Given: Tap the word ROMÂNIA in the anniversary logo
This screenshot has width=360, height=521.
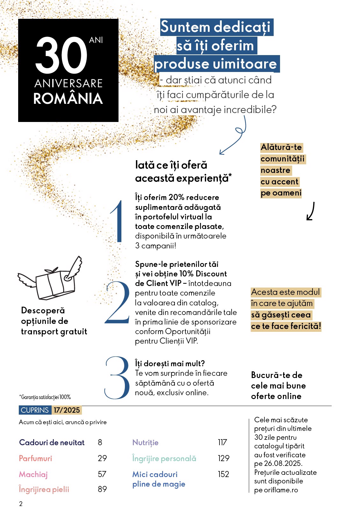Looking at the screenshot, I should [x=68, y=99].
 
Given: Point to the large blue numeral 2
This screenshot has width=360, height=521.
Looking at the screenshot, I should [x=118, y=303].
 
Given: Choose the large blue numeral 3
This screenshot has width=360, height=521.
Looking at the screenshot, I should [x=117, y=378].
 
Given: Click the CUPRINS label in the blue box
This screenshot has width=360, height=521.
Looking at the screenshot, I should [x=35, y=410].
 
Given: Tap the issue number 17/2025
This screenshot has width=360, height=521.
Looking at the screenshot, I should [x=67, y=410].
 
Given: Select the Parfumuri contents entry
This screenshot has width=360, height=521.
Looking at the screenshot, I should [x=35, y=458].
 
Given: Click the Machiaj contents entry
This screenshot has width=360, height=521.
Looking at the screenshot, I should [x=33, y=474].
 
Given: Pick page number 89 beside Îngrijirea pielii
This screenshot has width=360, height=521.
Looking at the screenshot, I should [x=102, y=489].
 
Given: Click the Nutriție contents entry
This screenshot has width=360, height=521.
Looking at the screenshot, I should [x=145, y=442].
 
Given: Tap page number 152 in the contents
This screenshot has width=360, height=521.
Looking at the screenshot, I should [x=223, y=474].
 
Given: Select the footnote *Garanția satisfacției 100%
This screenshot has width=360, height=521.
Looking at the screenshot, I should [x=45, y=397].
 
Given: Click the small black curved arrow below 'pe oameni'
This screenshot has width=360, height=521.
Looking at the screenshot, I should [x=311, y=211].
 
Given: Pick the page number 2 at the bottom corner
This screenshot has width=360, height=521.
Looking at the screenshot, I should [x=21, y=503].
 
